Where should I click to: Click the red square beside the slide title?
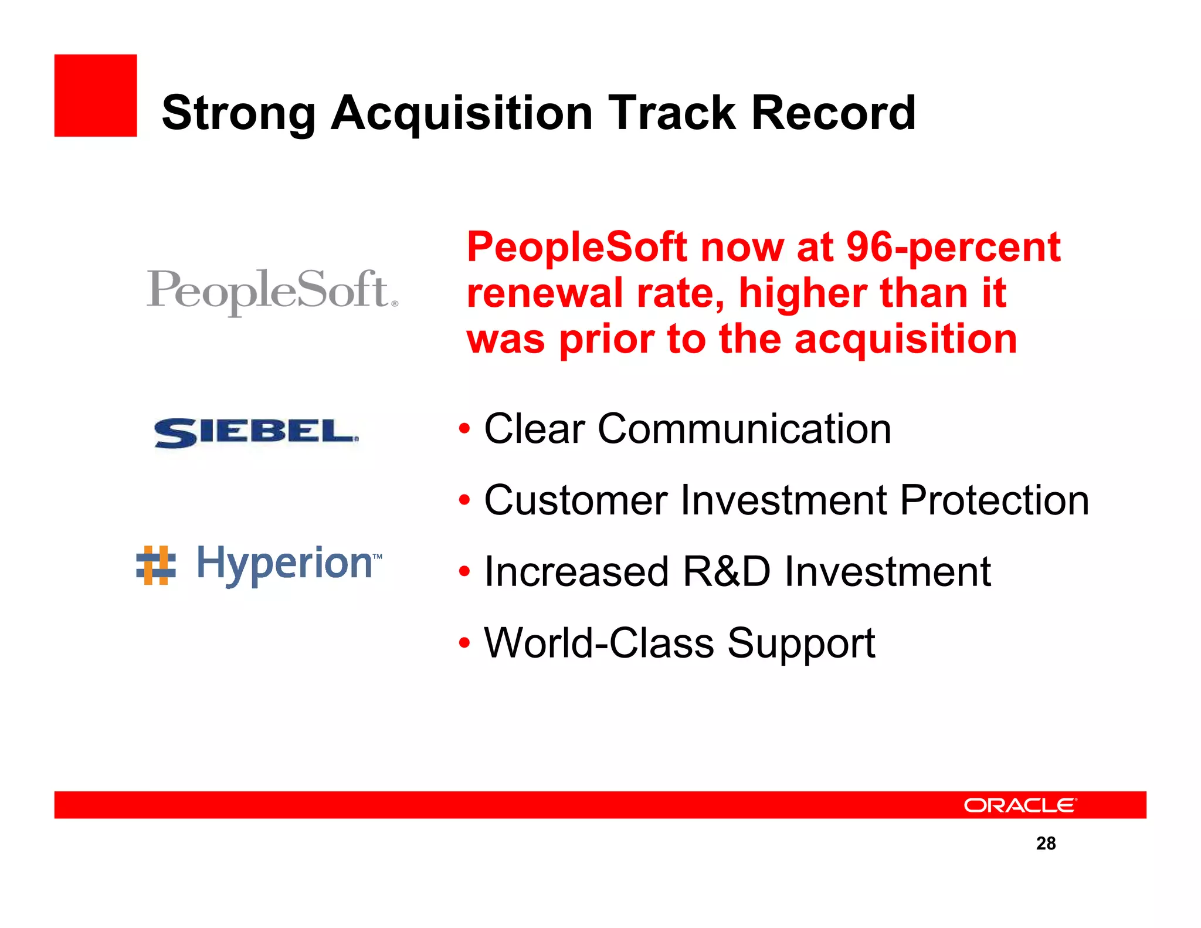(x=96, y=96)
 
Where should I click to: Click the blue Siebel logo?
(x=256, y=433)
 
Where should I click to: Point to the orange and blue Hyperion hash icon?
(x=155, y=565)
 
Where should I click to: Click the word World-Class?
(x=599, y=643)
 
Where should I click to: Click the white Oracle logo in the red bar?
(x=1020, y=805)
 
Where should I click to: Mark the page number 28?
(x=1046, y=843)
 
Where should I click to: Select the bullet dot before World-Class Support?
(x=464, y=643)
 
